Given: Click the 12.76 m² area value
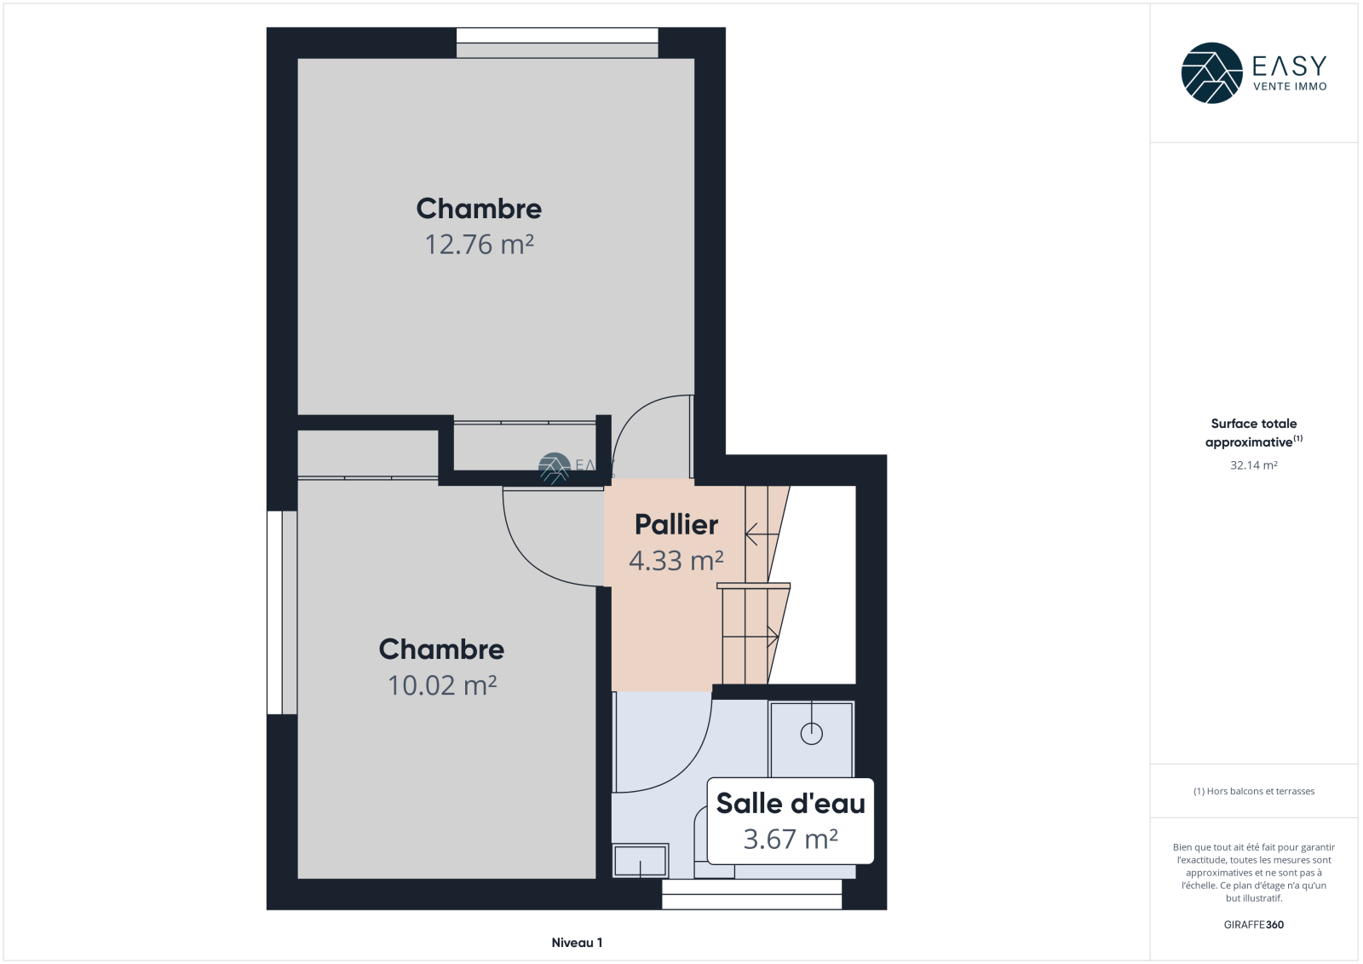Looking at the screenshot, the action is pos(479,245).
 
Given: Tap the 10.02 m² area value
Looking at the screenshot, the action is pos(442,685).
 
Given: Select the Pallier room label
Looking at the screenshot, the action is pos(676,524).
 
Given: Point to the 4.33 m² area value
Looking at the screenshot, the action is pos(676,560).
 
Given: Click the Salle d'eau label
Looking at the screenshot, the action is pos(791,803).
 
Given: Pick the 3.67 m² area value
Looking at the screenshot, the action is pos(791,840).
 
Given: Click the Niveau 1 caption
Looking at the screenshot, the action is pos(577,943).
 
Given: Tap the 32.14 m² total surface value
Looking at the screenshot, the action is pos(1253,465).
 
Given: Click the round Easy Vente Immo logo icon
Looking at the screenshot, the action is pos(1211,73).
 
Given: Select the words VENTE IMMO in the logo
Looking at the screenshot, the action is pos(1290,86).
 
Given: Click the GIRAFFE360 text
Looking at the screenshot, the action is pos(1253,925).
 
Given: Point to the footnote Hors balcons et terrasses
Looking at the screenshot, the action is pos(1253,791).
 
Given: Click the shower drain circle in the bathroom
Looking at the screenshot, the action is pos(812,734).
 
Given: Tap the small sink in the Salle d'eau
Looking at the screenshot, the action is pos(640,861).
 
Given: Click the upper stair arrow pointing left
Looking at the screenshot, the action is pos(762,534).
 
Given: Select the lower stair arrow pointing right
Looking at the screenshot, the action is pos(751,637).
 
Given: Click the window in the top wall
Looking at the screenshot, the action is pos(557,43).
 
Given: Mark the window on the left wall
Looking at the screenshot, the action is pos(282,612).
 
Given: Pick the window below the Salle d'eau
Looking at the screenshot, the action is pos(751,895).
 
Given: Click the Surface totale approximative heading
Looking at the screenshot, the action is pos(1253,432).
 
